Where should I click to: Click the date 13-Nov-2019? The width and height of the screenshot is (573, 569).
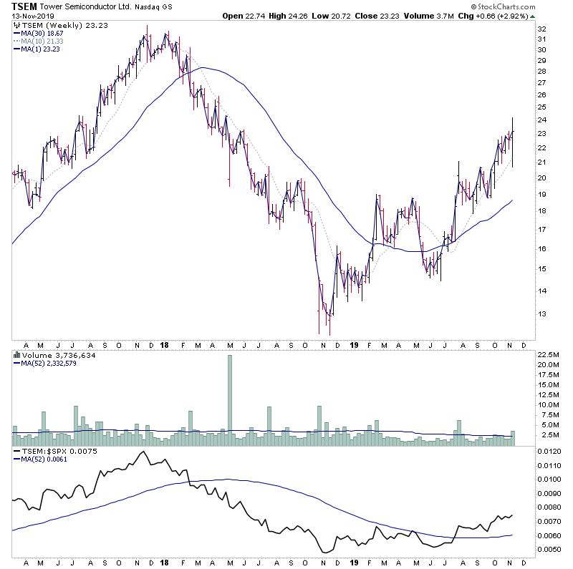(28, 16)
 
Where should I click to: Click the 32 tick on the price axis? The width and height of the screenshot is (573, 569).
(542, 29)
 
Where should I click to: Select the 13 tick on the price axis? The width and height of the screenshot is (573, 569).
(542, 313)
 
